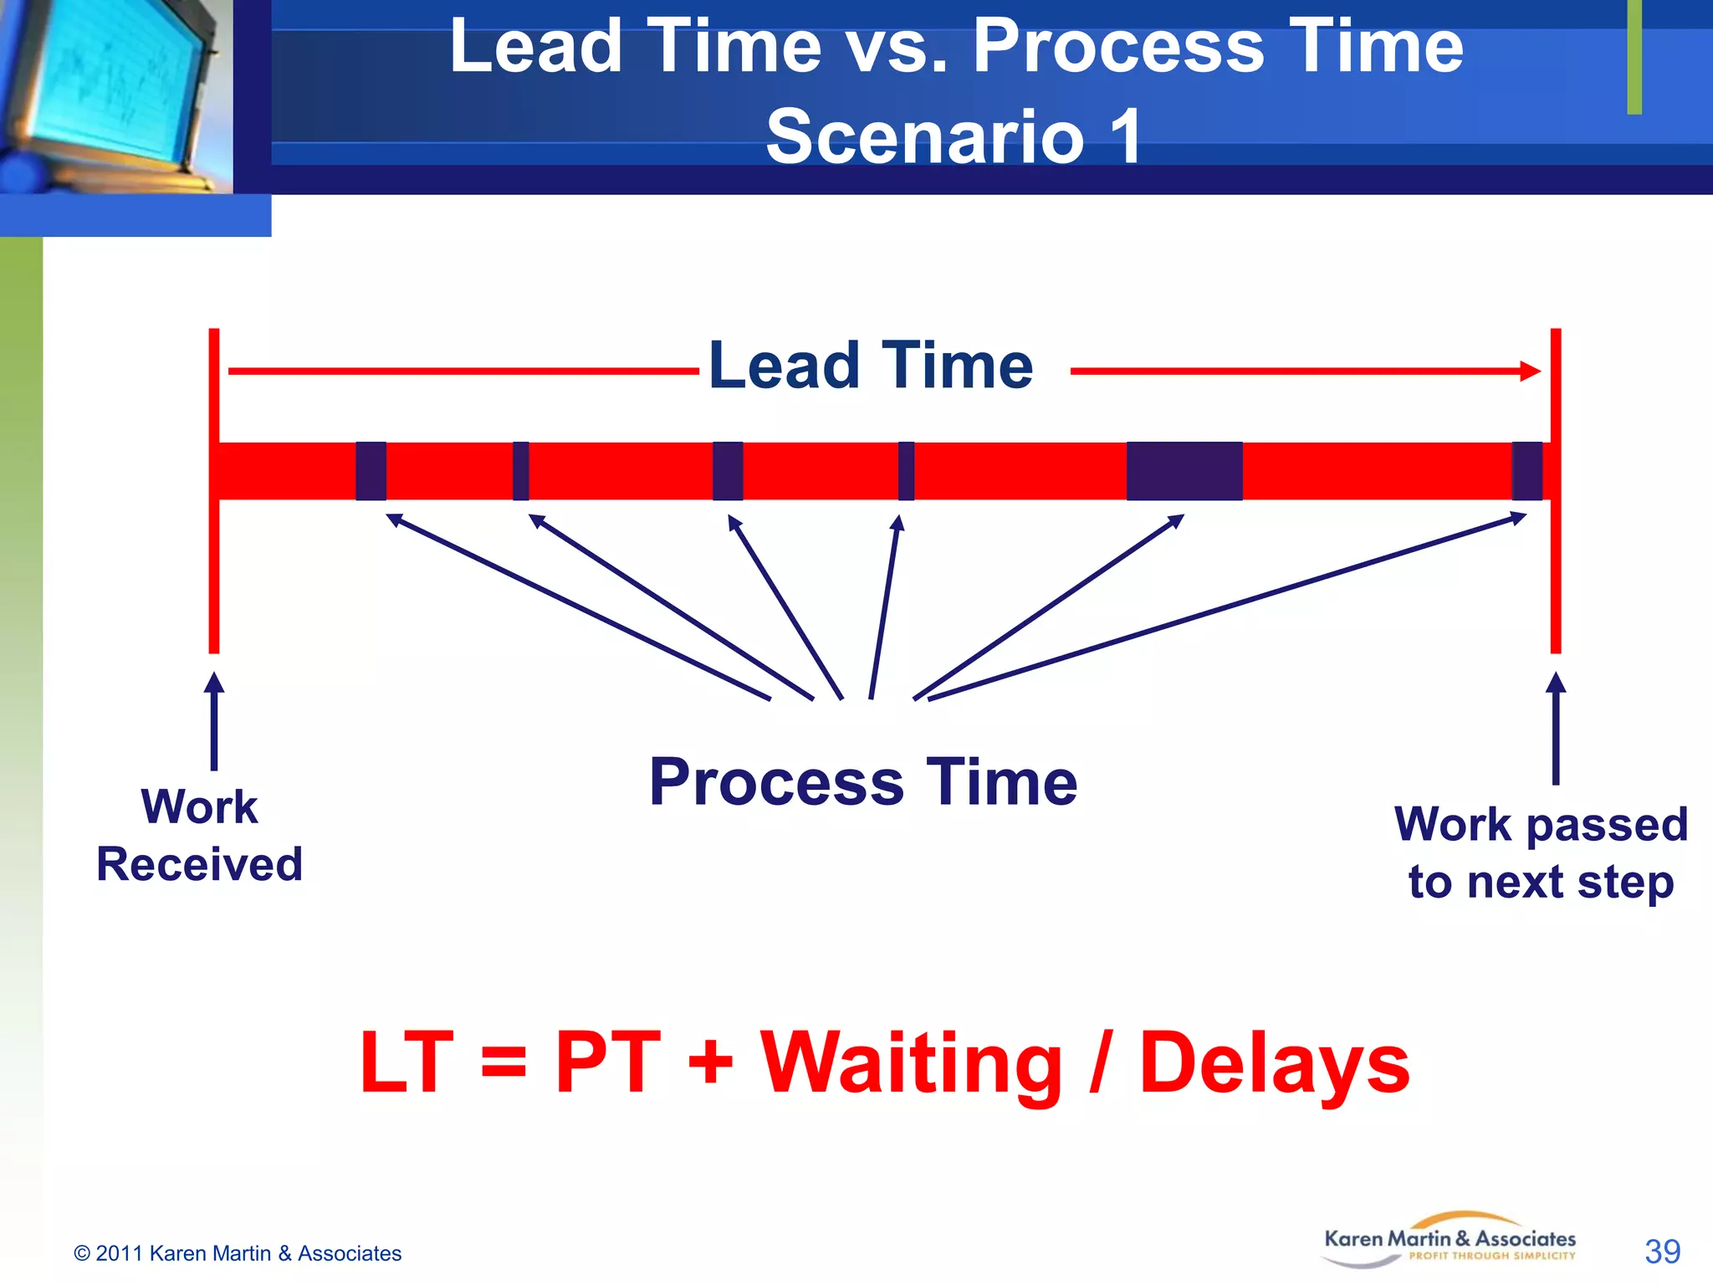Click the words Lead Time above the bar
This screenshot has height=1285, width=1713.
[x=871, y=366]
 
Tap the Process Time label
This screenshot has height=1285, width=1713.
[x=863, y=782]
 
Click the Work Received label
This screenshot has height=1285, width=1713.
[x=199, y=835]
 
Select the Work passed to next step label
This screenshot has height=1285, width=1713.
[x=1541, y=852]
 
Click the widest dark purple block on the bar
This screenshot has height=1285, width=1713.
[x=1184, y=471]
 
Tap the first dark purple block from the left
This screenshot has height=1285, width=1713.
[x=371, y=471]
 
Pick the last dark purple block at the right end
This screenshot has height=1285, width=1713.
[x=1526, y=471]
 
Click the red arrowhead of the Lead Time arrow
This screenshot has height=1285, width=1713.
[x=1531, y=371]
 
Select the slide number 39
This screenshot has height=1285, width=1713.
[x=1662, y=1252]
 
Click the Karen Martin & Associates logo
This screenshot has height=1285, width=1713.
[x=1450, y=1240]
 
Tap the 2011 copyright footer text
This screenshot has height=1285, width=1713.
[x=238, y=1253]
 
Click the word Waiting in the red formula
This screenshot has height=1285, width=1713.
[x=911, y=1064]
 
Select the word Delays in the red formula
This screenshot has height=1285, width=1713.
[x=1275, y=1064]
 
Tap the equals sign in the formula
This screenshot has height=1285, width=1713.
[x=504, y=1065]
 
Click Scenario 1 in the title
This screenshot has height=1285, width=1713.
[x=954, y=136]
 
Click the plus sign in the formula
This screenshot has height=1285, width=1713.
[x=710, y=1065]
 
